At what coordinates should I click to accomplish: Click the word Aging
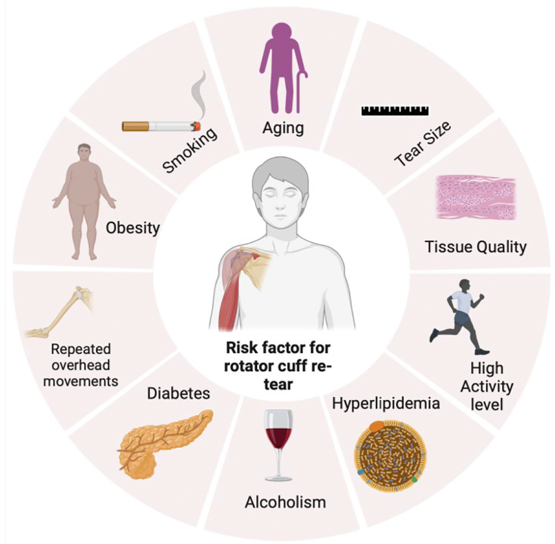click(x=283, y=128)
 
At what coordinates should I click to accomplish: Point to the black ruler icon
click(x=395, y=111)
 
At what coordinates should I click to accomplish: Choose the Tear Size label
click(x=423, y=144)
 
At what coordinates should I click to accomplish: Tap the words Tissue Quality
click(x=475, y=247)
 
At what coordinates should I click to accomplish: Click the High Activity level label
click(x=487, y=386)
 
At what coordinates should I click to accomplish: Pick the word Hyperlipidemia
click(x=386, y=403)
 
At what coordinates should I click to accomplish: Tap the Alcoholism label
click(x=285, y=502)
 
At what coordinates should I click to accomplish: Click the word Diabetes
click(x=178, y=394)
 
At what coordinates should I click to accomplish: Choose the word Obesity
click(x=132, y=228)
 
